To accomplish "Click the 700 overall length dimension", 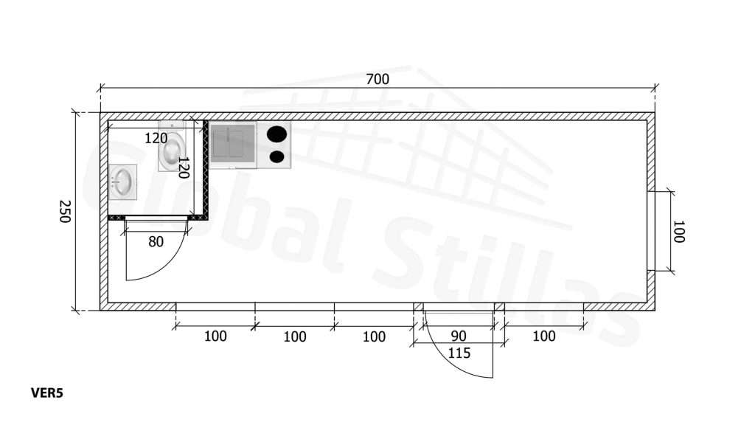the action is (x=377, y=79).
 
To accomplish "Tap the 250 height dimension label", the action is (x=65, y=212).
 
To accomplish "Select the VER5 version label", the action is (x=47, y=393).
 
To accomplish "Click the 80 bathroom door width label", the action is (x=156, y=242).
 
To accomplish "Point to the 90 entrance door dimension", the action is (x=459, y=336).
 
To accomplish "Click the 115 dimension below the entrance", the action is (x=459, y=353).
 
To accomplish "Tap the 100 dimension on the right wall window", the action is (x=678, y=232).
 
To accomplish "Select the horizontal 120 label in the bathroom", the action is (x=156, y=138).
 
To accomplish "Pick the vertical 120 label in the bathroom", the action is (x=184, y=167).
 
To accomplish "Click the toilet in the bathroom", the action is (x=171, y=147).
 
